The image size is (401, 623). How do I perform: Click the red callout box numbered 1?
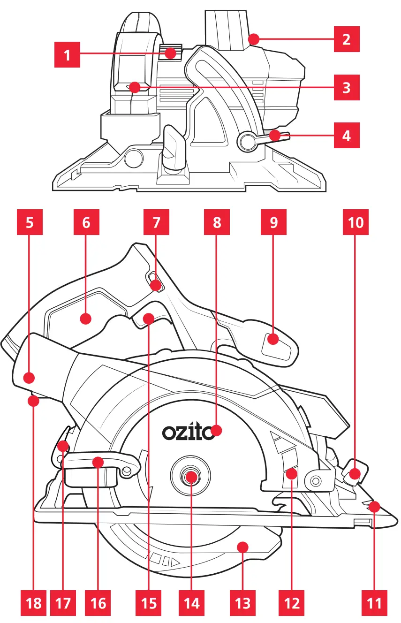67,55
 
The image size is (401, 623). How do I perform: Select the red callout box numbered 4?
347,136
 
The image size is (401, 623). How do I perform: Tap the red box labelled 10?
356,222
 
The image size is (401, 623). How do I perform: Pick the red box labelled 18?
34,602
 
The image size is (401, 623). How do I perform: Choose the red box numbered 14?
191,602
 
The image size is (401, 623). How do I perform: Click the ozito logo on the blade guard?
188,432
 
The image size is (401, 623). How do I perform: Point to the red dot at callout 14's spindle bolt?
191,477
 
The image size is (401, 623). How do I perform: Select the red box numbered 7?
157,222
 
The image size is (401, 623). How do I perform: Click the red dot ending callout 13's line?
242,547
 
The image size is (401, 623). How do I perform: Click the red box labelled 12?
292,602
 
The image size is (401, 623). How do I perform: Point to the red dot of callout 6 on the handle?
85,319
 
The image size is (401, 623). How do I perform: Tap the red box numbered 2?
347,39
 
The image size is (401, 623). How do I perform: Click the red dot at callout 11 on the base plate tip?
374,506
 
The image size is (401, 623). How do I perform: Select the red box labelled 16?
98,602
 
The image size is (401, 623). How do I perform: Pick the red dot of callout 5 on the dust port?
29,377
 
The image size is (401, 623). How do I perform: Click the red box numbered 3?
347,87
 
